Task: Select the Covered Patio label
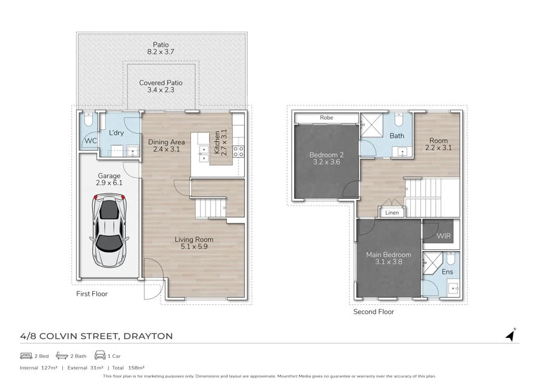[x=161, y=83]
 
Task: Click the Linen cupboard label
[x=392, y=213]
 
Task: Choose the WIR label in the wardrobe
[x=444, y=236]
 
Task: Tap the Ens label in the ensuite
[x=447, y=272]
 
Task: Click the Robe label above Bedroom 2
[x=326, y=118]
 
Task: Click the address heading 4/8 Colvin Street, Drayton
[x=96, y=336]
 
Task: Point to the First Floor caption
[x=91, y=294]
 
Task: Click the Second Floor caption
[x=373, y=312]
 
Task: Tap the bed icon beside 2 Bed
[x=25, y=355]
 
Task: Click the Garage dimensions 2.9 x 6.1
[x=110, y=183]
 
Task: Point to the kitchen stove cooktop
[x=238, y=151]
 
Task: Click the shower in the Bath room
[x=370, y=128]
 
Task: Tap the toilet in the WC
[x=88, y=122]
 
